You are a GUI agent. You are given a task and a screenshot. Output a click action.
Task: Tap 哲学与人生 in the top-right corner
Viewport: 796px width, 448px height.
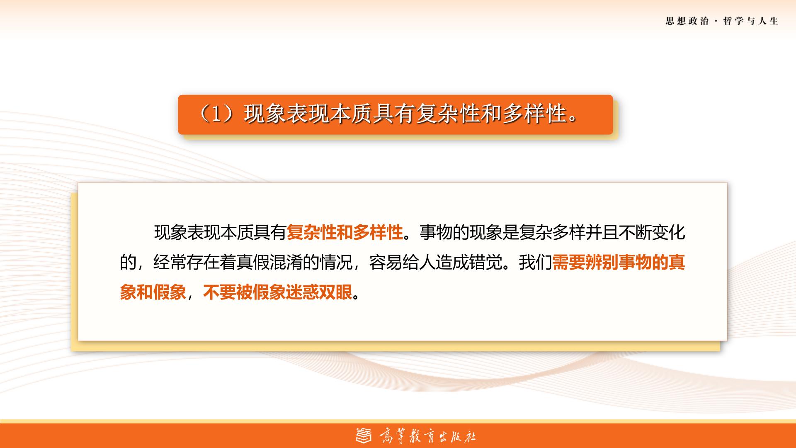click(751, 21)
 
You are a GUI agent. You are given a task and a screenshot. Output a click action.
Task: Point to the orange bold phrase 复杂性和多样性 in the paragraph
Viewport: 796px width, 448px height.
click(345, 233)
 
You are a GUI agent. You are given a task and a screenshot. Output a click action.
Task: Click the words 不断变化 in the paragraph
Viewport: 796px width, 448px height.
click(652, 233)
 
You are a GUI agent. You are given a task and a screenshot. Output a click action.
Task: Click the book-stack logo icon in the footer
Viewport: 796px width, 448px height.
click(364, 435)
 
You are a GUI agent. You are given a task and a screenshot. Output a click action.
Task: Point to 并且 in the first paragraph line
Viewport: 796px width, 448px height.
click(602, 233)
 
